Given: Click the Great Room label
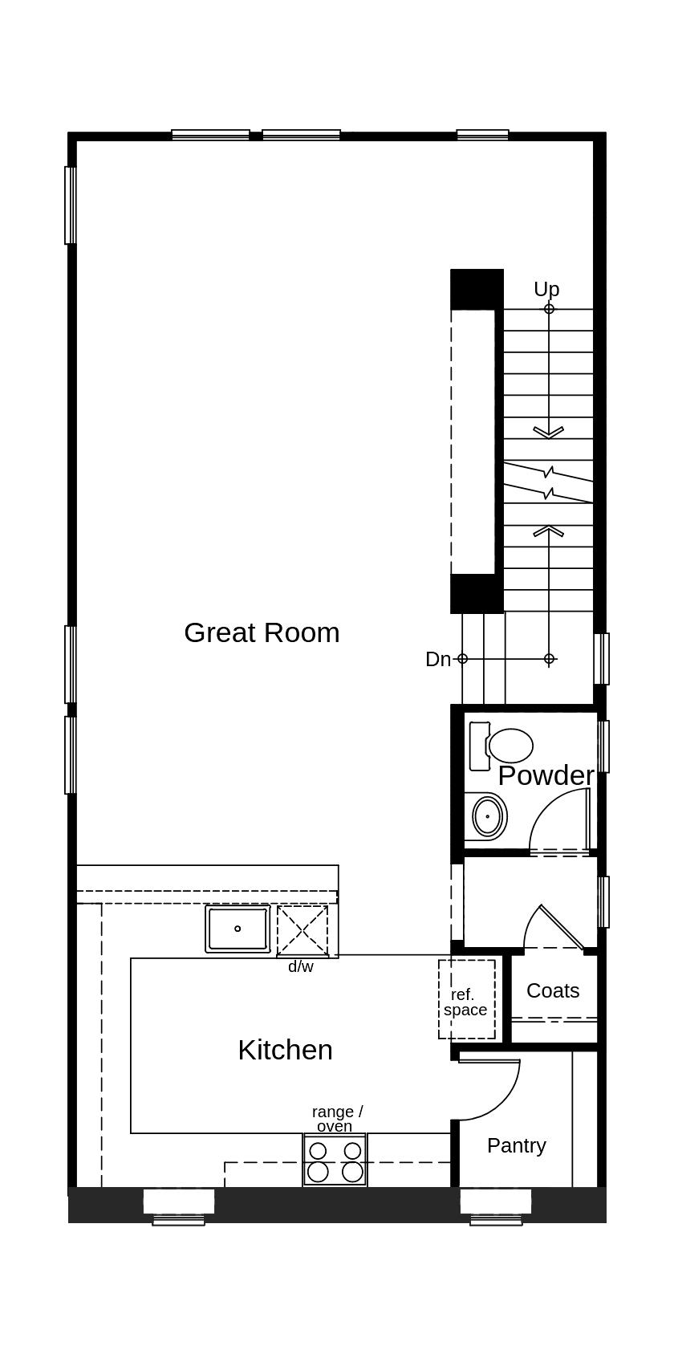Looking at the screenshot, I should click(x=262, y=632).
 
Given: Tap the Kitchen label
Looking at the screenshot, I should click(x=285, y=1050).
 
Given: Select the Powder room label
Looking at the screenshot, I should click(x=546, y=775).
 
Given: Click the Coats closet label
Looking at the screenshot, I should click(x=553, y=990).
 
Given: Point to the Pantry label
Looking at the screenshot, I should click(x=516, y=1145).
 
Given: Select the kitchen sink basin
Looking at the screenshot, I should click(x=238, y=929).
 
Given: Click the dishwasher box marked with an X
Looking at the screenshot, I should click(x=302, y=930).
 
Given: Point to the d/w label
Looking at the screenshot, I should click(x=301, y=966).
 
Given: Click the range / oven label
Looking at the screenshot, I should click(x=336, y=1118).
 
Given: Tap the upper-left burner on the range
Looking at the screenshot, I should click(x=319, y=1151).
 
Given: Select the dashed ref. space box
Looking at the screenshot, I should click(x=466, y=999).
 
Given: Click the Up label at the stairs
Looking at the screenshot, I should click(x=546, y=289).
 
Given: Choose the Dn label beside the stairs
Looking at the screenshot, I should click(x=438, y=659).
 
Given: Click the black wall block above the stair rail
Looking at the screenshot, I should click(x=477, y=289).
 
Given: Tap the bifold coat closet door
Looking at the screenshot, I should click(x=562, y=927).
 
